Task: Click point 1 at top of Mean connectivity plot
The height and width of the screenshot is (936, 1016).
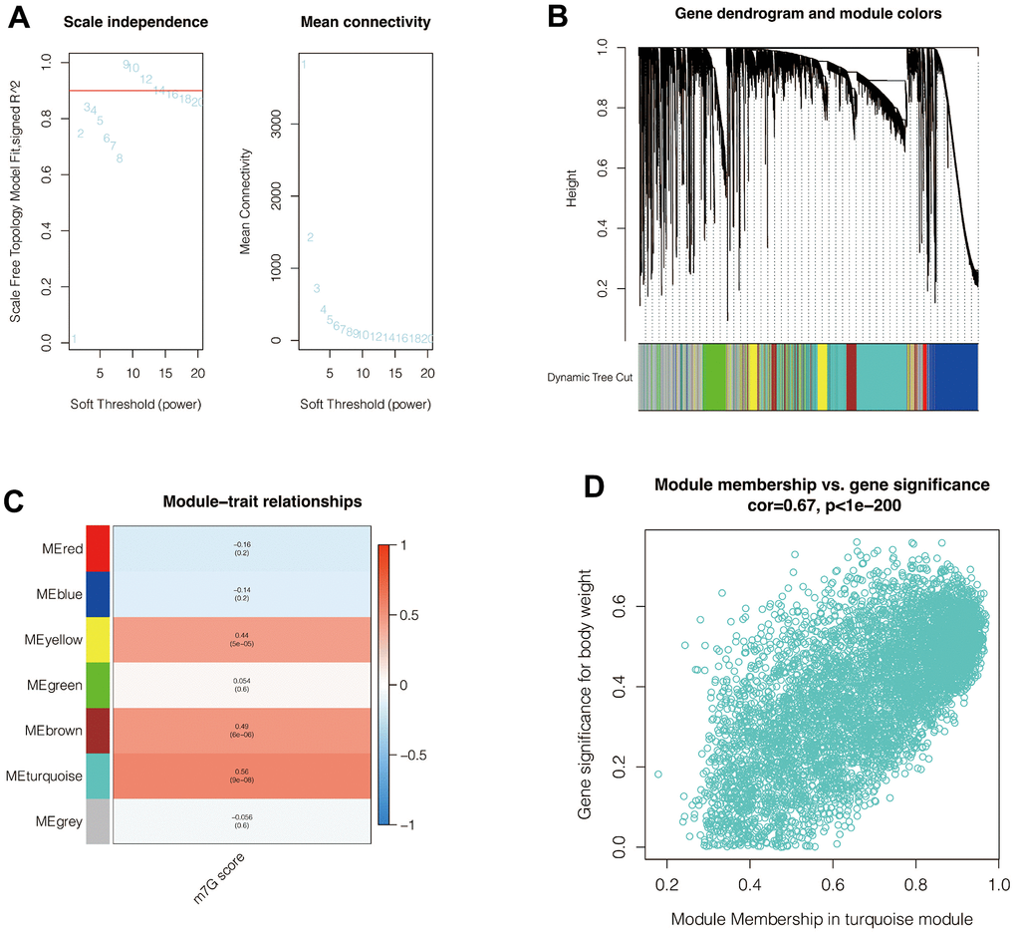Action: tap(304, 66)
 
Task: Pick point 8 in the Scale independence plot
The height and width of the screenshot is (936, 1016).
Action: tap(120, 158)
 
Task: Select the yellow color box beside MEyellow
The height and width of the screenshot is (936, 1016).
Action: tap(98, 639)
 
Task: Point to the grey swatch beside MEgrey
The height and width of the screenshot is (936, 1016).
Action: tap(98, 822)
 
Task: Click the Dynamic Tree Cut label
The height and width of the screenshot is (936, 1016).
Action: tap(590, 378)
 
